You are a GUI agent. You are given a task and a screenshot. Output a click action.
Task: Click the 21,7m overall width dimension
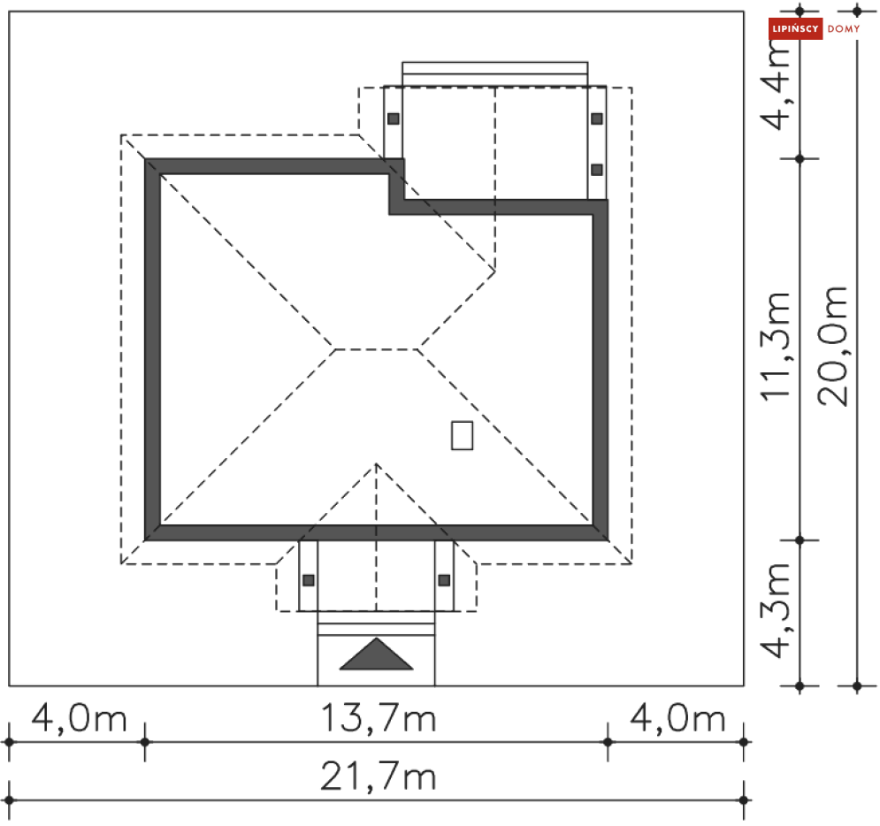coord(378,776)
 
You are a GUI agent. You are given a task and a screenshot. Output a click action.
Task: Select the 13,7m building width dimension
coord(378,718)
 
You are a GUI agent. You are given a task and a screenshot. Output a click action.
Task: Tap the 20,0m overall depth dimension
coord(832,346)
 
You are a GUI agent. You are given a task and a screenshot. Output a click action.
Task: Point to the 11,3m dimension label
coord(775,346)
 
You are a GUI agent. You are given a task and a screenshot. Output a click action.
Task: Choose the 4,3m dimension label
coord(775,610)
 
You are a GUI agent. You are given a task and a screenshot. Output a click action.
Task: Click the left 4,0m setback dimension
coord(79,718)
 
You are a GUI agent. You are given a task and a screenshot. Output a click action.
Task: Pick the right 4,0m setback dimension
coord(677,718)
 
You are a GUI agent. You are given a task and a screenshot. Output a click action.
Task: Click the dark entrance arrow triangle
coord(376,654)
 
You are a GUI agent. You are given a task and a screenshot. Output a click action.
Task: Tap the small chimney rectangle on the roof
coord(462,435)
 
